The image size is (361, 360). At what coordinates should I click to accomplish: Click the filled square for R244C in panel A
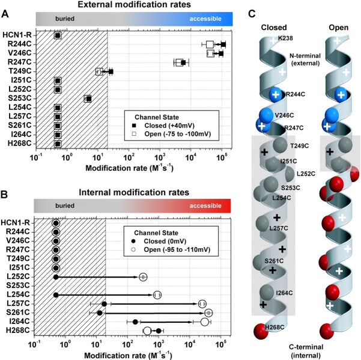click(223, 44)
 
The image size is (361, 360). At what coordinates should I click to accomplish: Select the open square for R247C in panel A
click(179, 63)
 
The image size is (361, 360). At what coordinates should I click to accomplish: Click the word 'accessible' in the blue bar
click(205, 19)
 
